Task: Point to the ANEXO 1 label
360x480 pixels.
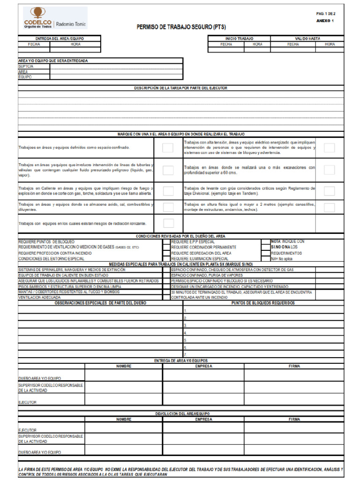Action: coord(325,21)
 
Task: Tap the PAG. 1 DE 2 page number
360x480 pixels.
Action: coord(326,14)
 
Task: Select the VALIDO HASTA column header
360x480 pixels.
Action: coord(307,38)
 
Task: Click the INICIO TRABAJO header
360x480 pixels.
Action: coord(239,38)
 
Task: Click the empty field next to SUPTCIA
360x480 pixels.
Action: coord(116,67)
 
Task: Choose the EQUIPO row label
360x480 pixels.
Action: coord(25,76)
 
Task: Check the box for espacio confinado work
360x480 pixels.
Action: coord(168,148)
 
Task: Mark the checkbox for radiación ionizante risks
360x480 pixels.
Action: coord(168,223)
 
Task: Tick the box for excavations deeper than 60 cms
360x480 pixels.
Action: coord(329,170)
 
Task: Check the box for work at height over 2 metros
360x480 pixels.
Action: coord(329,207)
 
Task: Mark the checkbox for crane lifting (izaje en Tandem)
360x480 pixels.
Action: coord(329,191)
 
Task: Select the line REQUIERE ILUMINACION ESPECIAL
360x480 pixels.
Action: coord(200,259)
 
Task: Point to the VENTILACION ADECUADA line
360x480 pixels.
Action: coord(39,297)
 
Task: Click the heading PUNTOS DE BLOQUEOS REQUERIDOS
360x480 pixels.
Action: coord(263,303)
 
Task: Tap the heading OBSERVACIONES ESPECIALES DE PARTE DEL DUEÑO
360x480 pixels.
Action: coord(100,303)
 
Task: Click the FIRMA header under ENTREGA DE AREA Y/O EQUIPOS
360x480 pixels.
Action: coord(294,366)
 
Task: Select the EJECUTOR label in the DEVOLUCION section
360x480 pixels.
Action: coord(27,430)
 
